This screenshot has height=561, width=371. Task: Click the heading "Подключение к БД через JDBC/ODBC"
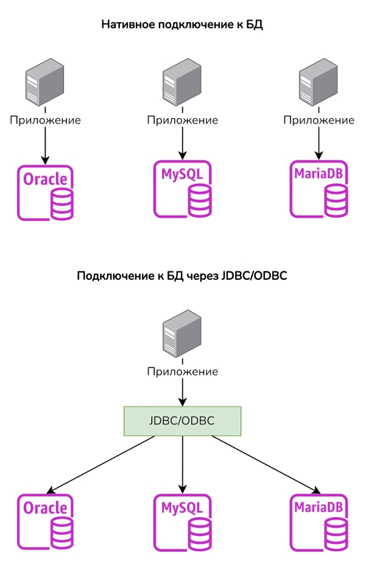(x=182, y=276)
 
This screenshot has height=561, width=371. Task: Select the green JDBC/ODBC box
(x=183, y=420)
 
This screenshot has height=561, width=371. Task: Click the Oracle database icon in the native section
(x=46, y=192)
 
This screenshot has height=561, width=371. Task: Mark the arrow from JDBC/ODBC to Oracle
(x=101, y=464)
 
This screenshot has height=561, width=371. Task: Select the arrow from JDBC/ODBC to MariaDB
(x=265, y=464)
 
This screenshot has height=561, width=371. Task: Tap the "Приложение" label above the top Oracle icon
(x=45, y=120)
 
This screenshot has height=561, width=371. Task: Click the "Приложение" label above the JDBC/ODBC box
(x=182, y=371)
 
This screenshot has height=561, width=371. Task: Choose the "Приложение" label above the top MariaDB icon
(x=319, y=120)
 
